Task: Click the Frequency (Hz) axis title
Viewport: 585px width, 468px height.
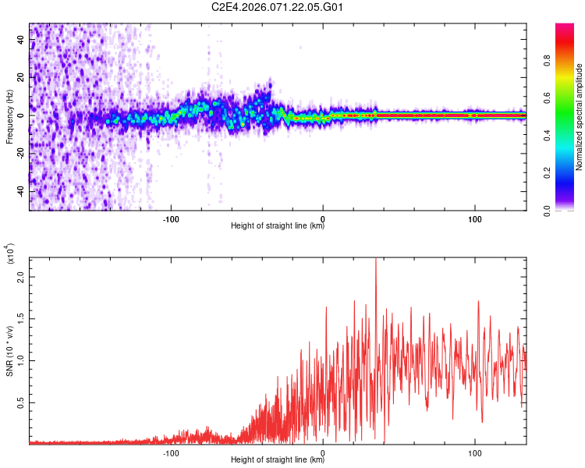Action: click(x=9, y=115)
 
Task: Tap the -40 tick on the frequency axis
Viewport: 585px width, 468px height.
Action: click(x=21, y=191)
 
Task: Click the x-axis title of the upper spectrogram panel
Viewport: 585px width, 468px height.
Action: click(x=278, y=226)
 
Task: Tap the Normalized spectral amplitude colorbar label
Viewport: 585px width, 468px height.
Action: click(x=580, y=117)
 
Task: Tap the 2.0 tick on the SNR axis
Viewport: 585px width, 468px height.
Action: click(x=21, y=277)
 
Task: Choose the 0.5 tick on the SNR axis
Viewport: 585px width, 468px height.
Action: click(x=21, y=402)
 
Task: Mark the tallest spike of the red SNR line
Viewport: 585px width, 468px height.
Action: click(x=376, y=261)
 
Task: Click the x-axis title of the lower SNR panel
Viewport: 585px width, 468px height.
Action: click(x=278, y=460)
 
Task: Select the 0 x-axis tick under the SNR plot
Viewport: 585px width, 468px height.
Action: click(x=324, y=452)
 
